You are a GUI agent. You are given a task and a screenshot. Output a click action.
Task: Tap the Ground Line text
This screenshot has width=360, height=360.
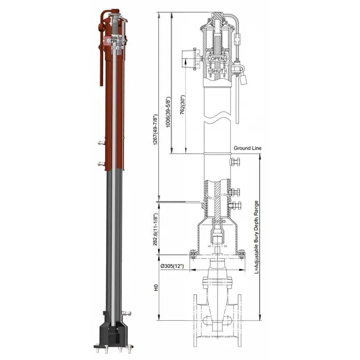coord(247,148)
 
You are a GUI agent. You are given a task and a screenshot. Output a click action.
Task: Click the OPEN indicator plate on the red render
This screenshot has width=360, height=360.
coord(112,39)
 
